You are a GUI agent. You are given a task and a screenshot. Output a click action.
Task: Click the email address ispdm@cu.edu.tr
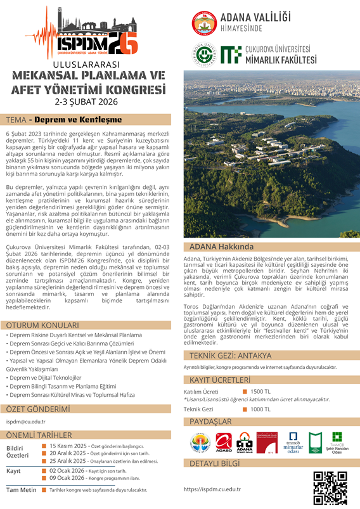27,420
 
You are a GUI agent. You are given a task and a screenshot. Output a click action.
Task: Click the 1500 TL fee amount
260,391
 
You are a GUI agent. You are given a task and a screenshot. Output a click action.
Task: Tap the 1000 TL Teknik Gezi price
260,409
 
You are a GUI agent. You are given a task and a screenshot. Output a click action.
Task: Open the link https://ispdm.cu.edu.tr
212,489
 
